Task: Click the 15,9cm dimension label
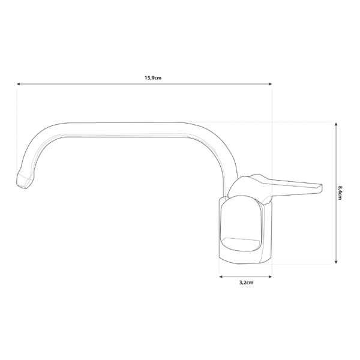click(153, 78)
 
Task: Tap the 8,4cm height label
click(340, 193)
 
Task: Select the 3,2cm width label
click(245, 282)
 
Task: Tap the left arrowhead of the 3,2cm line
click(222, 277)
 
